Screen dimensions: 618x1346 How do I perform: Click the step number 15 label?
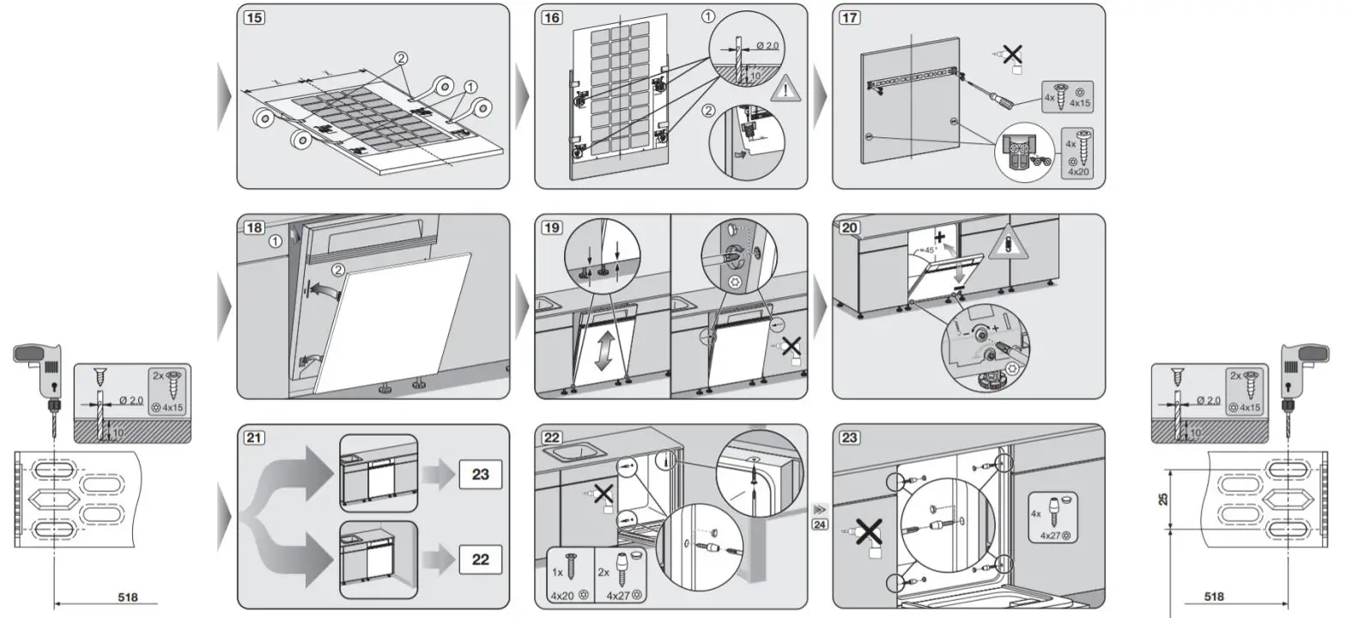coord(254,18)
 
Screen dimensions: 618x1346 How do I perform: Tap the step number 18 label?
coord(254,228)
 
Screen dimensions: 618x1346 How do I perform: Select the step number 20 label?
coord(850,228)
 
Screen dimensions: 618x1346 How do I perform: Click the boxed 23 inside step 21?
coord(481,474)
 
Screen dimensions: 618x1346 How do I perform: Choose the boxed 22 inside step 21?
coord(481,559)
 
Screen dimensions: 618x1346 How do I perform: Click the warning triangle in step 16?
coord(785,90)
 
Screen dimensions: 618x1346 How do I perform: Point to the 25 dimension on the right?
coord(1164,500)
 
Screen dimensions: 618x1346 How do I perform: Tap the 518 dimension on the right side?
coord(1215,597)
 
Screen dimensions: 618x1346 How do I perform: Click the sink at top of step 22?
coord(572,451)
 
